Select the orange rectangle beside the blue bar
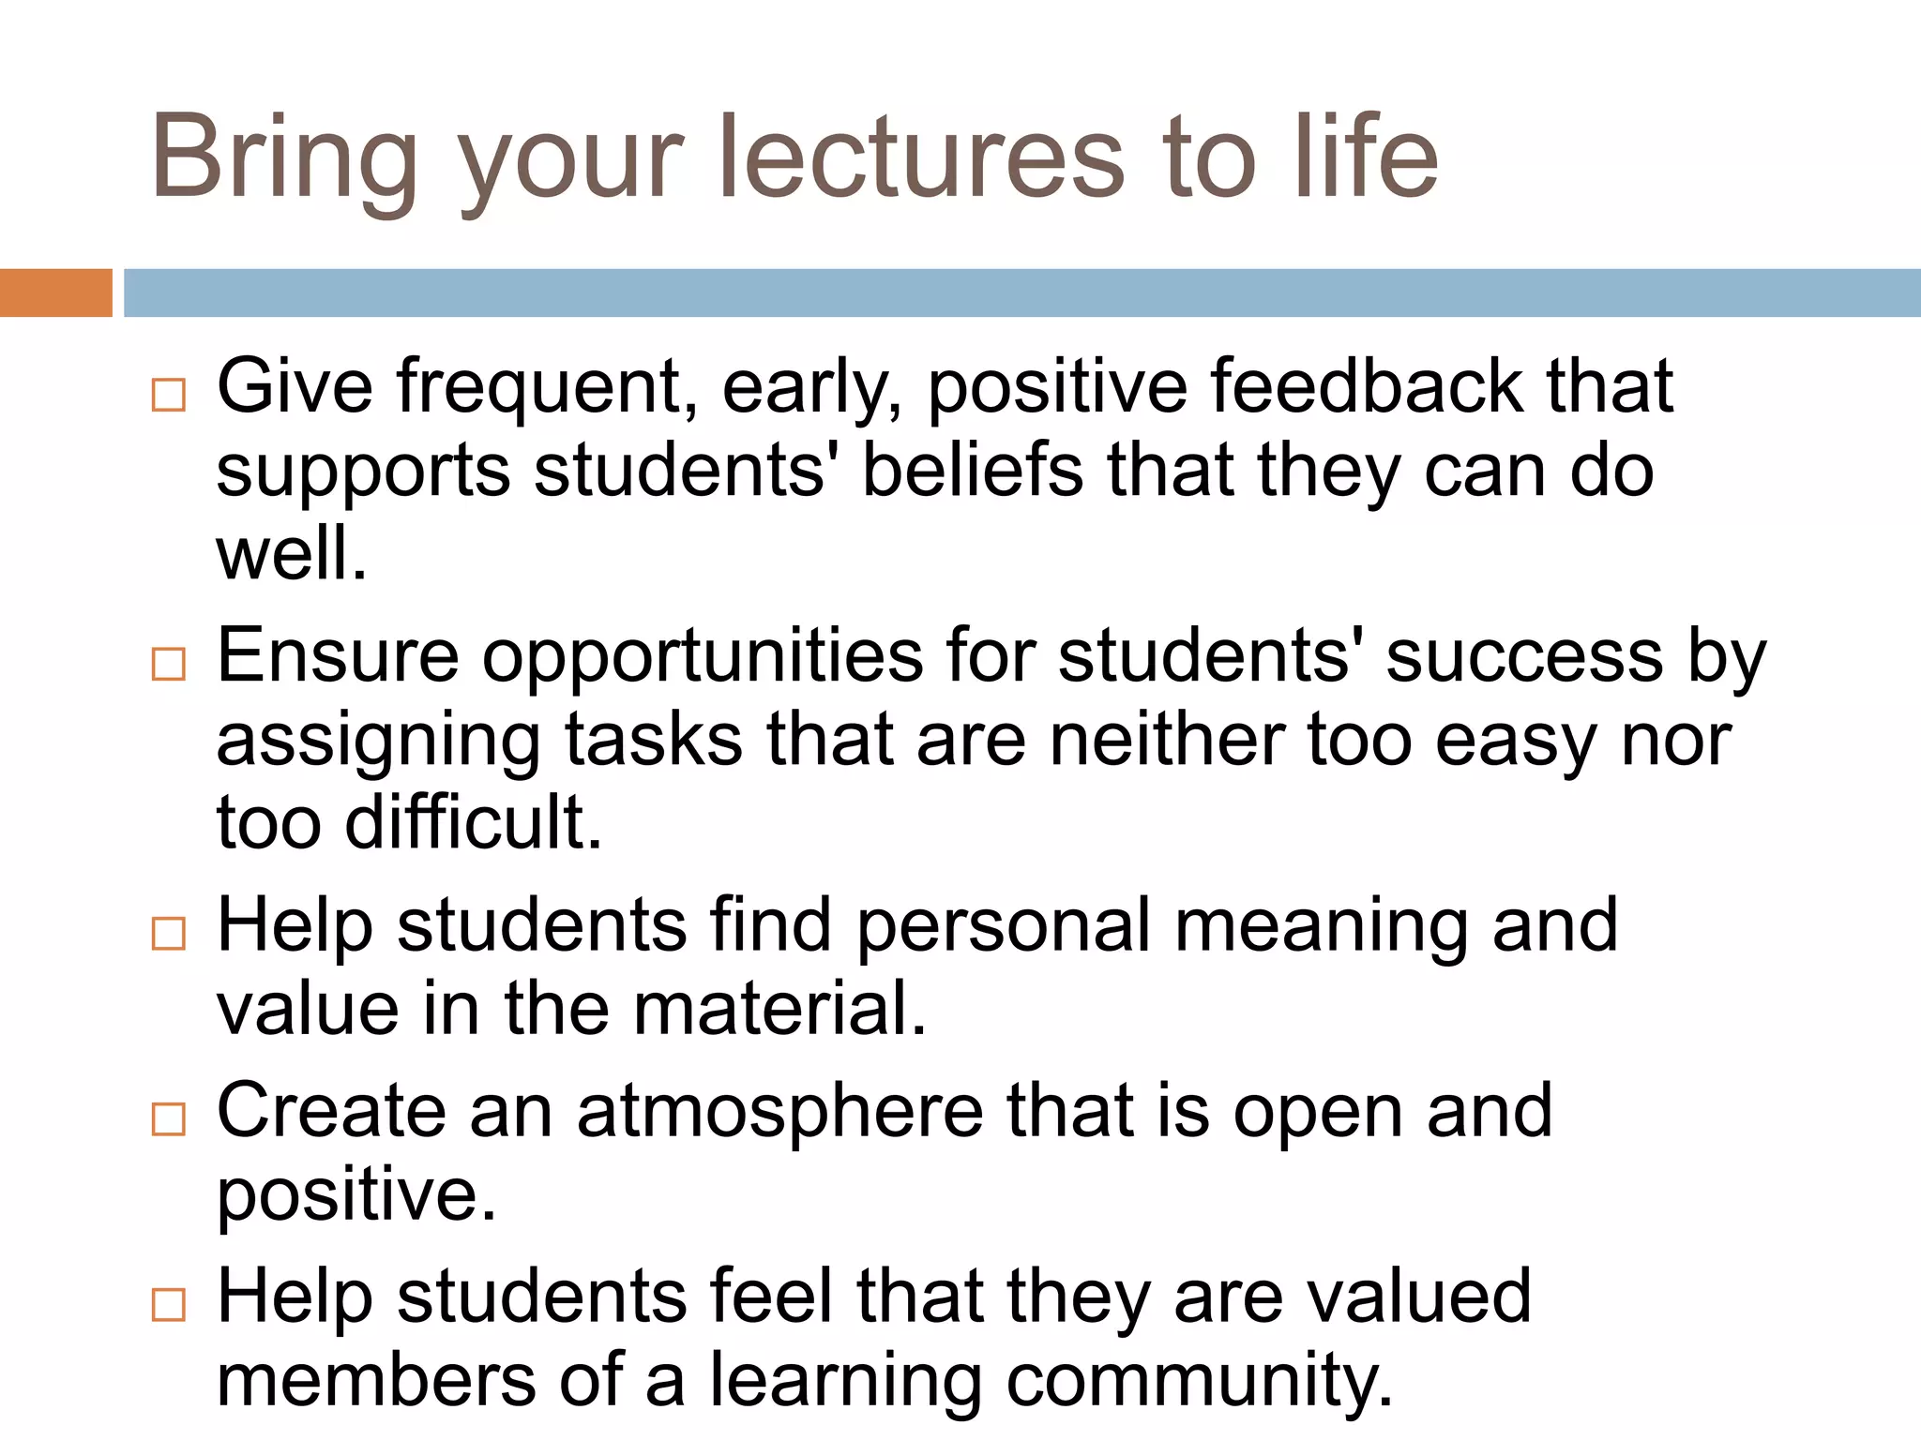55,292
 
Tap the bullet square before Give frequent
169,395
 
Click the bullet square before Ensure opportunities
169,664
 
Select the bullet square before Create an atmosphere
169,1118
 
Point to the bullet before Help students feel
169,1304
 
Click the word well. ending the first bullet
291,553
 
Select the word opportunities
703,656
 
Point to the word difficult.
473,822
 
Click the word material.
779,1009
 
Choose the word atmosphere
779,1112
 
